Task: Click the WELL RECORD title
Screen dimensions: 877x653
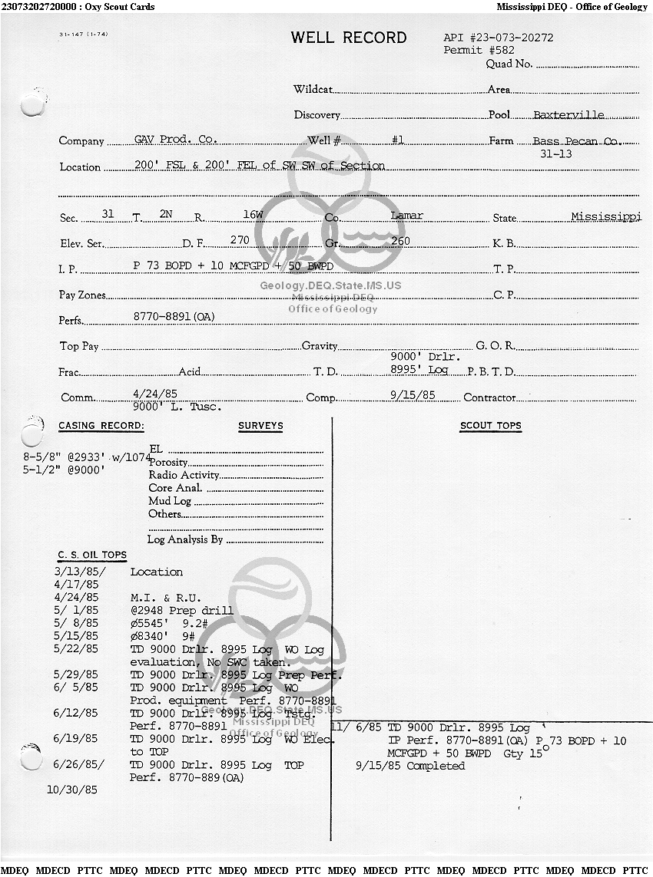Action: click(x=349, y=38)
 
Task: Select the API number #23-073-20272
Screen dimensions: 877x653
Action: click(x=499, y=37)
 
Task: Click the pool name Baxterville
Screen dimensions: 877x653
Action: click(x=568, y=115)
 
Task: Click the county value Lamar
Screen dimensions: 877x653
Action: click(x=406, y=216)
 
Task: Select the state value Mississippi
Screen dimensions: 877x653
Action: click(x=605, y=216)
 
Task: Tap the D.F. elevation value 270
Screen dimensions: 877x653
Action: click(x=240, y=240)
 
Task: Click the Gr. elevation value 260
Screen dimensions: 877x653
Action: click(x=400, y=241)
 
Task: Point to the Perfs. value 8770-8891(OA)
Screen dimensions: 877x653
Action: click(x=174, y=316)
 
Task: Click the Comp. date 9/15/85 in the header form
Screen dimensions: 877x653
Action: click(x=413, y=395)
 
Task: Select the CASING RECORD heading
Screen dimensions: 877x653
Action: click(x=101, y=426)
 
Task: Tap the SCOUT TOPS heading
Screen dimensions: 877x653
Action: click(x=490, y=426)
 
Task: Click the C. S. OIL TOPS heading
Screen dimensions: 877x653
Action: click(x=92, y=555)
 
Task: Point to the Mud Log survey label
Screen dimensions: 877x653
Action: click(x=170, y=501)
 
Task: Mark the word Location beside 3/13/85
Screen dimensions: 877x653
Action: click(x=157, y=572)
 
